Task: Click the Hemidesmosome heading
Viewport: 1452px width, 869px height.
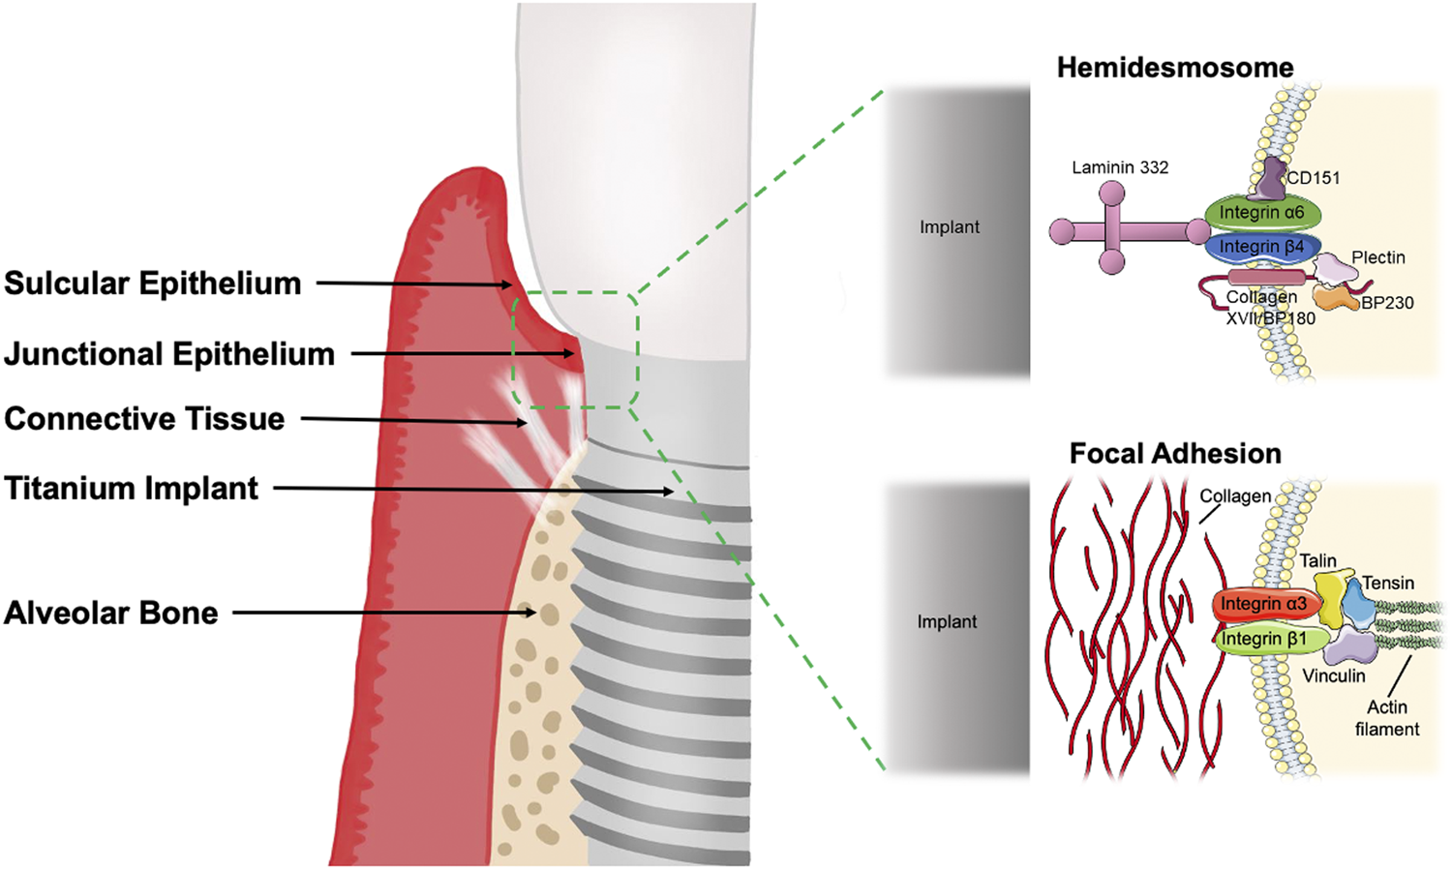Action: pos(1174,68)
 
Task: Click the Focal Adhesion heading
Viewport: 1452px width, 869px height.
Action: pos(1174,454)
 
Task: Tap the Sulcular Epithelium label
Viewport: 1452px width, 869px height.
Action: pos(152,284)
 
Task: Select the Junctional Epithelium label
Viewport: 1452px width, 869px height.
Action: pos(169,354)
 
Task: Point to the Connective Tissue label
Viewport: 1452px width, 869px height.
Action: pos(144,419)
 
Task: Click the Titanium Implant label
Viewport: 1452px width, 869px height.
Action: pos(131,489)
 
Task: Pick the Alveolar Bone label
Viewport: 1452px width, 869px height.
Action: pos(110,614)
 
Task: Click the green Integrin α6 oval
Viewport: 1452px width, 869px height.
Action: pos(1262,212)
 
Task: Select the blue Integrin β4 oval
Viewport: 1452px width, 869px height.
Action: pos(1260,248)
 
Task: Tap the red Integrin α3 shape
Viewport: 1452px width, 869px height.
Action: pos(1263,604)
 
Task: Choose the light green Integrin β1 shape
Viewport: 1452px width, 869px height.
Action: pos(1263,639)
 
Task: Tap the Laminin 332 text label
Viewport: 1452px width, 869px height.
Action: pos(1120,167)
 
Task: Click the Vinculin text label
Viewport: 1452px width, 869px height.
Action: pos(1334,676)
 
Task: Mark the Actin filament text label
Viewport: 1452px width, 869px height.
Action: pos(1387,718)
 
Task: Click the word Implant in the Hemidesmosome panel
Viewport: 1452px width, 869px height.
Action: pos(949,227)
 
